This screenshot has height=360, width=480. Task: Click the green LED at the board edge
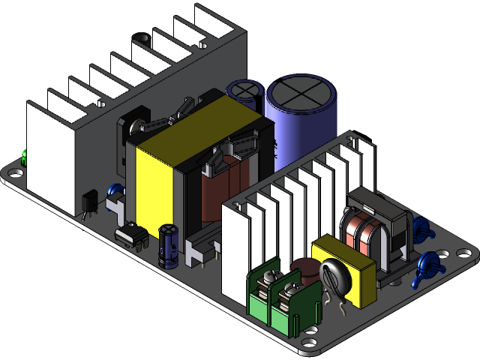[25, 157]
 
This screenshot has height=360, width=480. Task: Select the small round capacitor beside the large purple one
[244, 90]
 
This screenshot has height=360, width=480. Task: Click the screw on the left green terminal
[266, 281]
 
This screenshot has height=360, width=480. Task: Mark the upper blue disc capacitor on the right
[421, 228]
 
